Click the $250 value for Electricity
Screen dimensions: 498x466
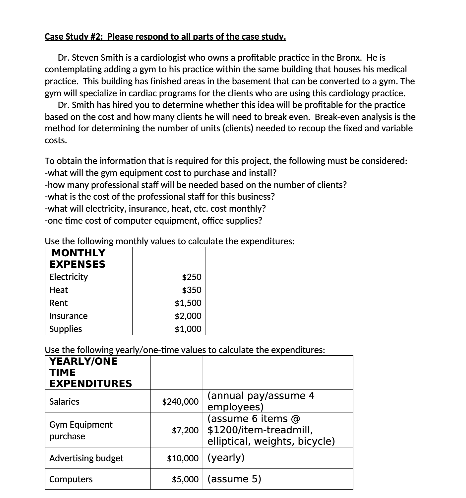click(x=191, y=277)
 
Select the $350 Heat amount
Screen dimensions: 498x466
click(x=191, y=290)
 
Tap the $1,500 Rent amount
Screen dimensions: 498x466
click(x=188, y=303)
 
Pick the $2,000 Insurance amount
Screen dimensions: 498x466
click(x=188, y=316)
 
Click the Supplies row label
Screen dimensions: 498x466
click(x=66, y=329)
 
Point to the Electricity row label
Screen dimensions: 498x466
click(x=68, y=277)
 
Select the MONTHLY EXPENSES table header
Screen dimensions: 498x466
click(x=78, y=258)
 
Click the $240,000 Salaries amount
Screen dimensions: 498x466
click(x=180, y=402)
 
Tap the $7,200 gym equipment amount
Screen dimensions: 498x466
click(x=185, y=430)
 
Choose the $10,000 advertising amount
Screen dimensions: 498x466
click(x=183, y=458)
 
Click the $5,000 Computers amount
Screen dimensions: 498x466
click(x=185, y=479)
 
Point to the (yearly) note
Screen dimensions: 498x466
click(x=226, y=458)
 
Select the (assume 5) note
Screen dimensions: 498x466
click(x=234, y=479)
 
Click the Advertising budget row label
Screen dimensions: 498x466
click(x=86, y=458)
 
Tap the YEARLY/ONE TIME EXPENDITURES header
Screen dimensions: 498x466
click(x=90, y=372)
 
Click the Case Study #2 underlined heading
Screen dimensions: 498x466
click(x=165, y=36)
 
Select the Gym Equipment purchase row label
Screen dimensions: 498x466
click(x=81, y=430)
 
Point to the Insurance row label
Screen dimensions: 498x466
click(x=68, y=316)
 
